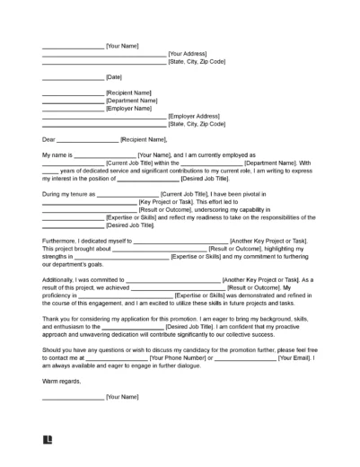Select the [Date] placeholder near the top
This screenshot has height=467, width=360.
pyautogui.click(x=115, y=77)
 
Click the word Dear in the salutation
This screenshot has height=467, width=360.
pyautogui.click(x=48, y=139)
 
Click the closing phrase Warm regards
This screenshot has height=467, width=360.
pyautogui.click(x=62, y=357)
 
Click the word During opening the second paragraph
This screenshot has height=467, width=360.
pyautogui.click(x=52, y=194)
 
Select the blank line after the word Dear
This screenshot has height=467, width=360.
pyautogui.click(x=88, y=140)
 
